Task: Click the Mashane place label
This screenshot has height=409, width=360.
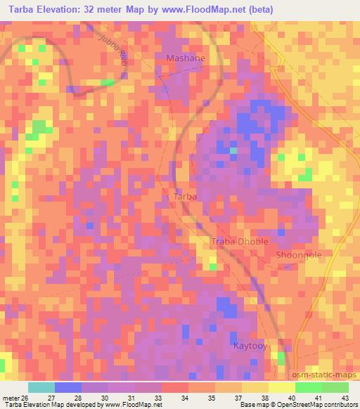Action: coord(186,58)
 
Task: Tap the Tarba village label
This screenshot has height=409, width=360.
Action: coord(185,197)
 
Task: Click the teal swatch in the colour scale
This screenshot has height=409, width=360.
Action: coord(41,387)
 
